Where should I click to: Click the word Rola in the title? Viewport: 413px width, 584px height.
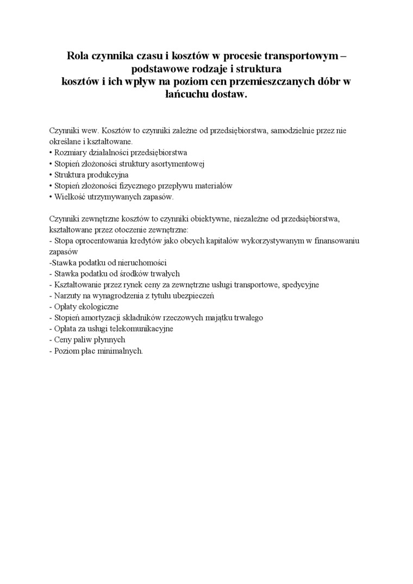point(77,56)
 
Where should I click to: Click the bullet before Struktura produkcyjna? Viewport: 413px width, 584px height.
point(51,174)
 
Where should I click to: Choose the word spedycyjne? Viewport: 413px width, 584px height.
point(299,284)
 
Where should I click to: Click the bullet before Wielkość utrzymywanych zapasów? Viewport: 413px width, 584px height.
point(51,196)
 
